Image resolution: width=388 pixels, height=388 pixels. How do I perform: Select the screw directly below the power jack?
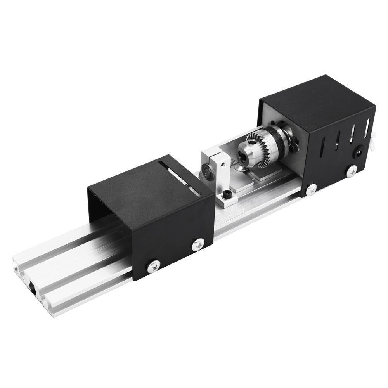point(352,170)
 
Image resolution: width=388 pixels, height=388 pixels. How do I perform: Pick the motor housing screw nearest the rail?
point(311,189)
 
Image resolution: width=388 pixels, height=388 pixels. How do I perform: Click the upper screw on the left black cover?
point(198,244)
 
